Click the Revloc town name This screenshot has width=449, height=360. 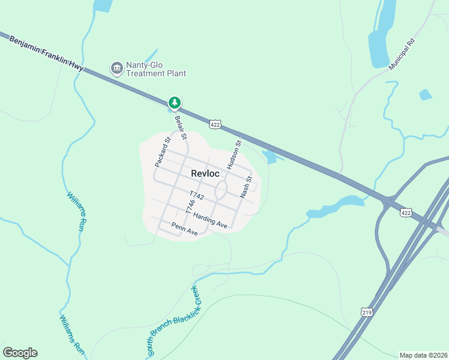pos(205,173)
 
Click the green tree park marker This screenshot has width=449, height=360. pos(175,103)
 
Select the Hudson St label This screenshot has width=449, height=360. pos(234,154)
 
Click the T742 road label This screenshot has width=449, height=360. pos(197,196)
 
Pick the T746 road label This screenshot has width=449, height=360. pos(191,207)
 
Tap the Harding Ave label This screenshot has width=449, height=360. pos(211,221)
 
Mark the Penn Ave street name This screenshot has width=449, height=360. pos(184,229)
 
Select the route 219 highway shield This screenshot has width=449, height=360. pos(367,312)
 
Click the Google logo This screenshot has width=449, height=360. pos(20,353)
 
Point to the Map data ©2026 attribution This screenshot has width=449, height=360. pos(423,355)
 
